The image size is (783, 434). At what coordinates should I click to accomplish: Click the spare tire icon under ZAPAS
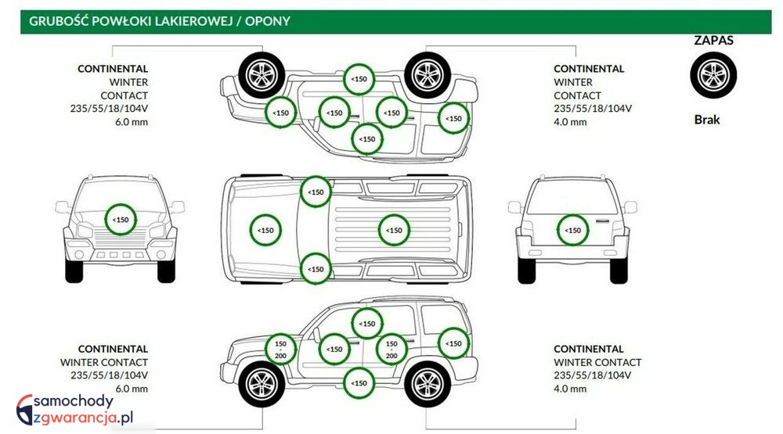(713, 76)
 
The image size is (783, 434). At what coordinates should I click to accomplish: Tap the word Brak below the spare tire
(706, 120)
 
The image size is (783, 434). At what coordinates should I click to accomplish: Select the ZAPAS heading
(713, 41)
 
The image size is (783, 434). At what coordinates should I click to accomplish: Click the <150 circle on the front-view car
(121, 220)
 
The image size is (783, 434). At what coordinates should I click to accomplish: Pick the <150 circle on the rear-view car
(574, 230)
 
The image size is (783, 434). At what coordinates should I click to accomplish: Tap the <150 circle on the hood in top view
(265, 230)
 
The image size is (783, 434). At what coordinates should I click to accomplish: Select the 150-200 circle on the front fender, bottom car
(281, 349)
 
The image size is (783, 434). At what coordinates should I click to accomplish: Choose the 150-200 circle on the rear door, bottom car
(392, 349)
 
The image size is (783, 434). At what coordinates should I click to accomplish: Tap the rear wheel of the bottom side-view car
(426, 384)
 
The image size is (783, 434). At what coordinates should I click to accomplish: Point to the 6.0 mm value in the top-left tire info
(132, 122)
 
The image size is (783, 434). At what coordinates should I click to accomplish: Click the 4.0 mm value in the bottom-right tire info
(569, 389)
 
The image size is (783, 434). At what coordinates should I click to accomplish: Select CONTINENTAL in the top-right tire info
(589, 69)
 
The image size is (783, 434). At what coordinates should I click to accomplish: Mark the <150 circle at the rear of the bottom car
(453, 343)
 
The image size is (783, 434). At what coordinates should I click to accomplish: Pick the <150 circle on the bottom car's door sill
(359, 383)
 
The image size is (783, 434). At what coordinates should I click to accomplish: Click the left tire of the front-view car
(74, 270)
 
